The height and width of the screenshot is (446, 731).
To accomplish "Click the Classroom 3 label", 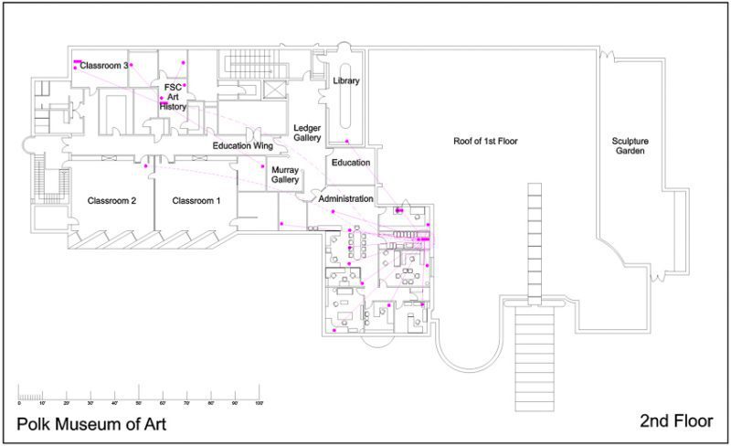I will pyautogui.click(x=103, y=66).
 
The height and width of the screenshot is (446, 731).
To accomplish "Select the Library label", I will pyautogui.click(x=346, y=81).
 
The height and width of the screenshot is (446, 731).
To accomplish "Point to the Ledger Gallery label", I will pyautogui.click(x=307, y=133).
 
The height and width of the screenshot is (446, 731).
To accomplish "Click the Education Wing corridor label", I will pyautogui.click(x=243, y=145).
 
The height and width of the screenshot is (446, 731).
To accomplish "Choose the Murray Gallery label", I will pyautogui.click(x=285, y=175).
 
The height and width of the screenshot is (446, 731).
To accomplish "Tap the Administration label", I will pyautogui.click(x=345, y=198).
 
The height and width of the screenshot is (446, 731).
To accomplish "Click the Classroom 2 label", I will pyautogui.click(x=111, y=200).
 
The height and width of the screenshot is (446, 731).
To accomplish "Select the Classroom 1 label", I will pyautogui.click(x=196, y=200).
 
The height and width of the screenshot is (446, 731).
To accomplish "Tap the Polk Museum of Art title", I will pyautogui.click(x=91, y=424).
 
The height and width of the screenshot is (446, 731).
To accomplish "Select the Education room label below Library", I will pyautogui.click(x=351, y=164).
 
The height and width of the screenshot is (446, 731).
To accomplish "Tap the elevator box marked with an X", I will pyautogui.click(x=274, y=90).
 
